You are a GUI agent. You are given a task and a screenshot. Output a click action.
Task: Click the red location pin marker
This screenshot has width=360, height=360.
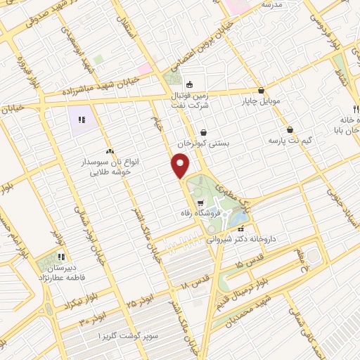coord(181,166)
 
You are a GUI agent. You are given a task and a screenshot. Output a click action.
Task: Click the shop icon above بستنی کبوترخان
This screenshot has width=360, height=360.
coord(204,131)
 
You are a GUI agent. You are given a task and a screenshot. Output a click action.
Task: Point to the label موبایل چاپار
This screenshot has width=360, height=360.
coord(261,101)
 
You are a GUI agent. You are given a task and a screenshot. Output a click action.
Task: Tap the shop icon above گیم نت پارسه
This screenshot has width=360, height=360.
coord(290,129)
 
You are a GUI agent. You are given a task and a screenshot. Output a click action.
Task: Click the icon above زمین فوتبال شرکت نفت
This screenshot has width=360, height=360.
coord(189,84)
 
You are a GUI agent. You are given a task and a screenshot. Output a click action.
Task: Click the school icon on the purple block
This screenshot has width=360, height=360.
coord(82,120)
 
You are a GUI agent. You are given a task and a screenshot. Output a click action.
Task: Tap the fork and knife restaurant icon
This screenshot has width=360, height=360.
coord(356,110)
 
